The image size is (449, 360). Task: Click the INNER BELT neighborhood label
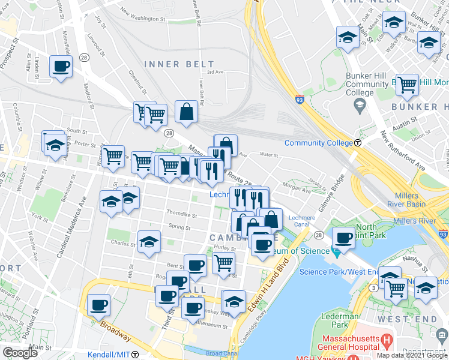point(179,64)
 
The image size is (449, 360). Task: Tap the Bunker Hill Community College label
point(367,85)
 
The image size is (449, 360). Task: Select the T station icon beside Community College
point(358,143)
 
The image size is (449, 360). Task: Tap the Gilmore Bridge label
point(333,191)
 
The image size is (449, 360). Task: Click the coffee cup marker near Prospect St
point(61,66)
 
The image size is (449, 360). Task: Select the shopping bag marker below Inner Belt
point(187,112)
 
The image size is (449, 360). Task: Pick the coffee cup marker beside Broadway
point(98,305)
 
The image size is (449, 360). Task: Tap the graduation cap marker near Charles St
point(149,242)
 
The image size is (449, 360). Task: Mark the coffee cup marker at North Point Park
point(344,237)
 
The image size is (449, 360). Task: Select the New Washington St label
point(142,19)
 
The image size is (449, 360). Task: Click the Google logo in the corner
point(20,353)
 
